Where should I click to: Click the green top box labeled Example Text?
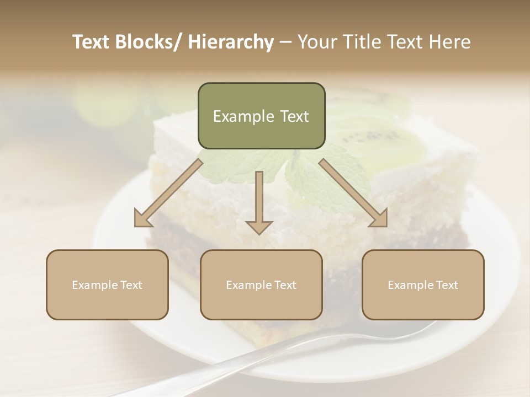[261, 116]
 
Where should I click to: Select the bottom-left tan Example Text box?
[107, 285]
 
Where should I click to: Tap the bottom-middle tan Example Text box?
[261, 285]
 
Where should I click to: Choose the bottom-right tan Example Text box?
[423, 285]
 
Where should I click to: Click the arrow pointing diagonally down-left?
[168, 192]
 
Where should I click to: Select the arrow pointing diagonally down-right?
[353, 193]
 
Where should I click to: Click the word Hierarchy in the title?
[231, 42]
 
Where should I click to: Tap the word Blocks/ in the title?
[151, 42]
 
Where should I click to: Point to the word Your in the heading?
[316, 42]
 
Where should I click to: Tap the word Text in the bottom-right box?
[447, 285]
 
